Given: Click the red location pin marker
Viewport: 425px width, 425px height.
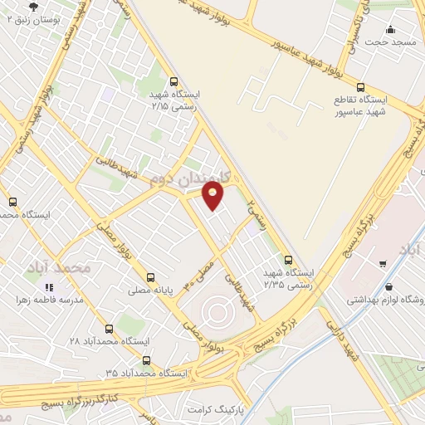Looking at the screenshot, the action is click(x=213, y=195).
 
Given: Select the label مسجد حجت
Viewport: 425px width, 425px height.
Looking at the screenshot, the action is click(x=392, y=42).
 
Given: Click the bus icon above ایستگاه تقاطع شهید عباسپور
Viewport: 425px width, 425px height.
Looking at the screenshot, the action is click(x=359, y=86).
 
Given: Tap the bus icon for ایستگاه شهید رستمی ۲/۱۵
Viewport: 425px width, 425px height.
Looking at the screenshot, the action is click(x=173, y=81).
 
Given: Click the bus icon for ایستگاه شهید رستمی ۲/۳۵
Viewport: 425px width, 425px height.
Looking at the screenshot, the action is click(x=288, y=259).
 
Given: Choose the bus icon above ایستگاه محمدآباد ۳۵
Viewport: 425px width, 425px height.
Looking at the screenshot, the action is click(x=147, y=360).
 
